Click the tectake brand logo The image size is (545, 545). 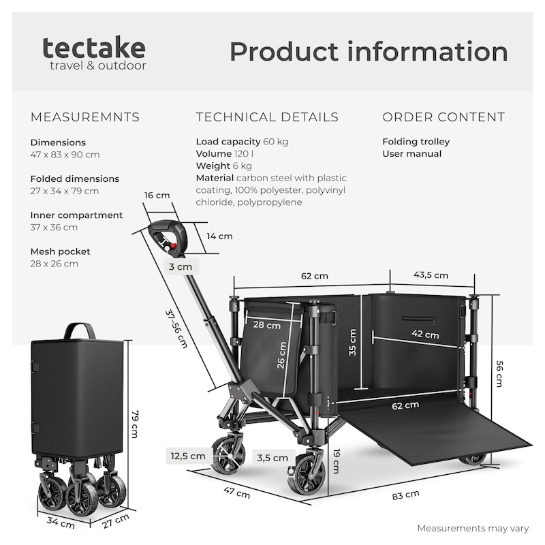coord(94,53)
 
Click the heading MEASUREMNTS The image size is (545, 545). coord(85,117)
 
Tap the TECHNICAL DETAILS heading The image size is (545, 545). coord(267,117)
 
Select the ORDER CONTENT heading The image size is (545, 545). coord(443,117)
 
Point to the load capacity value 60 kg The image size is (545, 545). coord(275,142)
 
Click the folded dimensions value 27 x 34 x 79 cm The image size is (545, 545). coord(65,191)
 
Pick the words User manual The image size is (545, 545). coord(412,154)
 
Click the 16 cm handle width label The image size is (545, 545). coord(157,196)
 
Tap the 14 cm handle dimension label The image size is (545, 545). coord(219,236)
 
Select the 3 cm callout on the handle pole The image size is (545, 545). coord(181,266)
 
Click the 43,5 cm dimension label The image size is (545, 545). coord(431,275)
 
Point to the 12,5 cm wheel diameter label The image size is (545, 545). coord(188,456)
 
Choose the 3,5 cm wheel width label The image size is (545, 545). coord(272,458)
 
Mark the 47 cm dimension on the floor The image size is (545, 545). coord(236,492)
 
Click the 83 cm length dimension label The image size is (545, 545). coord(405,495)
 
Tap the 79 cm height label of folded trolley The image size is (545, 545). coord(135,424)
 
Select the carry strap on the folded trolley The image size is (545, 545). coord(80,330)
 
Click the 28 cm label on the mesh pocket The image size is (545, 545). coord(266,325)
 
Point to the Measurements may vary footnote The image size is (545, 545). coord(473,529)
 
